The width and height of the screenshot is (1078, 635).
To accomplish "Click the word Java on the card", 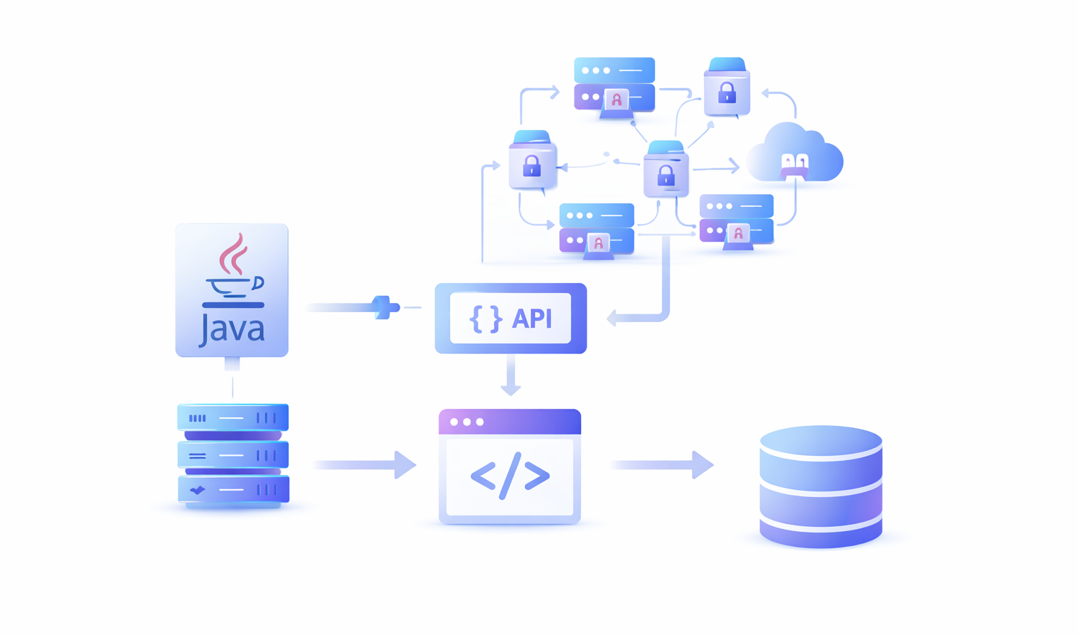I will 232,329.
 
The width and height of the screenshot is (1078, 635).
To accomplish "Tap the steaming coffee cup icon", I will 234,271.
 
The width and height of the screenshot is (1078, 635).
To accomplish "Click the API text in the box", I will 532,319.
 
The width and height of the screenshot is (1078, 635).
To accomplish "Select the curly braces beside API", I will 486,319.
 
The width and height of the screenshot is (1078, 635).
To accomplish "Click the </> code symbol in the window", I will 510,475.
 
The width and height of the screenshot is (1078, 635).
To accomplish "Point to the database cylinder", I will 821,486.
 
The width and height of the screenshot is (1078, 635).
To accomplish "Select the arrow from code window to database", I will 661,465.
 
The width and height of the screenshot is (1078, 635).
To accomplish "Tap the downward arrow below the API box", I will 511,378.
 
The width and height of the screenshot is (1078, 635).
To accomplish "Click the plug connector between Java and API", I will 385,307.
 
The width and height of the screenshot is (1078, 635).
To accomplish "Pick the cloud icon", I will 794,156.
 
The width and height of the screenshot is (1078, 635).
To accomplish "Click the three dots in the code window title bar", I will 466,422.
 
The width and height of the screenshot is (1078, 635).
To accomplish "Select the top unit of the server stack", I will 233,418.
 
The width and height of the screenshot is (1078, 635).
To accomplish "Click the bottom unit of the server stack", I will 233,490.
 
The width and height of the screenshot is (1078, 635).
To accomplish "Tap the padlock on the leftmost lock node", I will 532,166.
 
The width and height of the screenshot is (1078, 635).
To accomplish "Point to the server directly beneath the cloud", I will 736,220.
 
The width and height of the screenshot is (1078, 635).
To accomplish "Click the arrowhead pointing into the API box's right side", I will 612,319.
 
